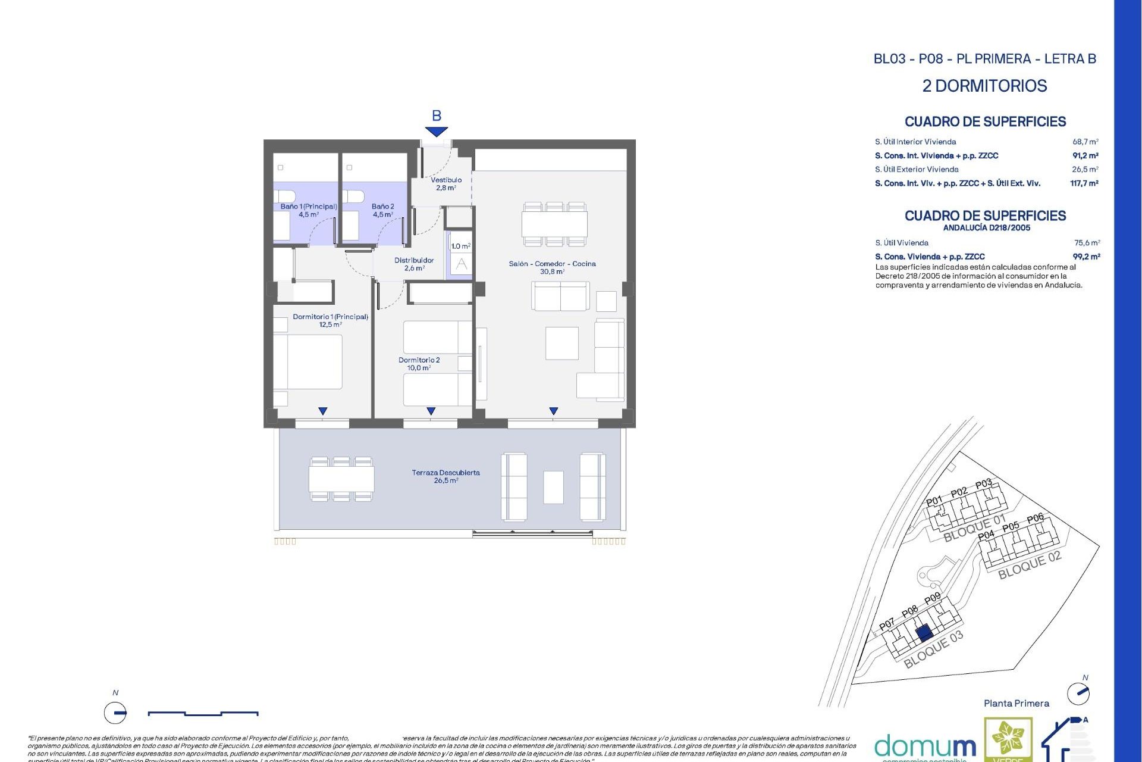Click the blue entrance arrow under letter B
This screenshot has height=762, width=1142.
(x=436, y=132)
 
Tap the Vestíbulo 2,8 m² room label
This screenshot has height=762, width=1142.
(x=445, y=183)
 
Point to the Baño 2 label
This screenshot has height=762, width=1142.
(x=382, y=210)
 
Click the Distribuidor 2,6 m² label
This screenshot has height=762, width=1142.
(x=414, y=264)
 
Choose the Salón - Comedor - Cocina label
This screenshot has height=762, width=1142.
(x=552, y=267)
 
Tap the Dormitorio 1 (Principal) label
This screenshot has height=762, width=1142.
(x=330, y=320)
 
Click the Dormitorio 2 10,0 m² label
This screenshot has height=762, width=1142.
(x=419, y=364)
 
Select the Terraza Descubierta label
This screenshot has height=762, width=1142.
(x=445, y=476)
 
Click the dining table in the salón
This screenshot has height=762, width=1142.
(x=554, y=224)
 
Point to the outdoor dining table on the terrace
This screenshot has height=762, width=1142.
(x=341, y=479)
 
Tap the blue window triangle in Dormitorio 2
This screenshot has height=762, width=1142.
(x=431, y=411)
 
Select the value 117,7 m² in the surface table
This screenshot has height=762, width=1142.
(x=1084, y=183)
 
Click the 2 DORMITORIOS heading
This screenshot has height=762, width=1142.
(x=984, y=86)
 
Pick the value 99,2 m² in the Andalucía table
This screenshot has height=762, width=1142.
(x=1086, y=257)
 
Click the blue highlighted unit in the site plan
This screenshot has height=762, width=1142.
(x=924, y=633)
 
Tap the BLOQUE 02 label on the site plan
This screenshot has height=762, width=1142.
(x=1029, y=565)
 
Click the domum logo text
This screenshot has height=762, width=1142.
(x=925, y=746)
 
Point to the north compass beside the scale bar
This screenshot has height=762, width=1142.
(x=115, y=712)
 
